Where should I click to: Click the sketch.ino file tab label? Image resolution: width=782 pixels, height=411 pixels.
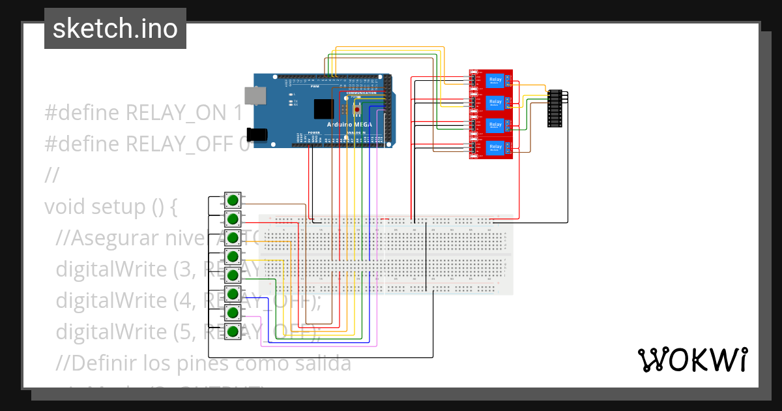click(x=115, y=29)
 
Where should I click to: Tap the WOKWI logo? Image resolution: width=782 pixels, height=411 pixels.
click(x=692, y=359)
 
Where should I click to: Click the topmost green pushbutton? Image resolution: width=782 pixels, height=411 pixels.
click(x=233, y=199)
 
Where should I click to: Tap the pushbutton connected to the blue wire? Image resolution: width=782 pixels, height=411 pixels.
click(x=233, y=294)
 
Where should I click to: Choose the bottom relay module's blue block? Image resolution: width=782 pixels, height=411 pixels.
click(x=495, y=147)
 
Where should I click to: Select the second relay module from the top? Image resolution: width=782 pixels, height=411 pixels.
click(x=492, y=102)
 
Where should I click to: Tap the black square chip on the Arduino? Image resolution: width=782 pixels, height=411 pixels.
click(x=324, y=109)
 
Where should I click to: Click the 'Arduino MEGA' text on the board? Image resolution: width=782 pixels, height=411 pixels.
click(x=350, y=124)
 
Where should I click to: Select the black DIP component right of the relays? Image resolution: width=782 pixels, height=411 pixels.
click(x=555, y=108)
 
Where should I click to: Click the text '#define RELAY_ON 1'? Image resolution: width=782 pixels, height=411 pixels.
click(x=143, y=113)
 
